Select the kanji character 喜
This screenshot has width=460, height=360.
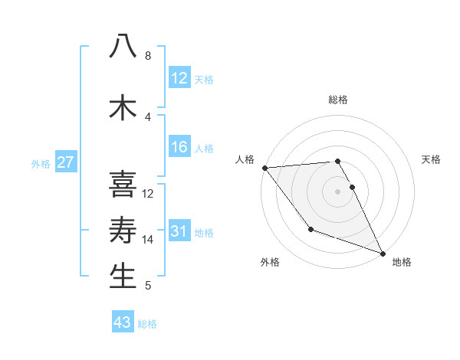tap(123, 184)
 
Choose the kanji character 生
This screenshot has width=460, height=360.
tap(123, 277)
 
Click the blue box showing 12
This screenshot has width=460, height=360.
tap(179, 78)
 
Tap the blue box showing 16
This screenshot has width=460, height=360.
tap(179, 148)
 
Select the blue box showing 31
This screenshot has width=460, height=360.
tap(179, 231)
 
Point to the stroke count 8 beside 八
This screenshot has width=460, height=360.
tap(148, 56)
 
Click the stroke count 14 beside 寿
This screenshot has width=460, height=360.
tap(148, 240)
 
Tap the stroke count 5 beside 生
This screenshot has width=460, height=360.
tap(148, 286)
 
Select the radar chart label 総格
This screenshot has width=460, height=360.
tap(338, 100)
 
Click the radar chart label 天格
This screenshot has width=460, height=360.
tap(432, 159)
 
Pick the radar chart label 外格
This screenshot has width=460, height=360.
tap(270, 262)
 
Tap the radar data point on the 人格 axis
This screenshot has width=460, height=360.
tap(264, 168)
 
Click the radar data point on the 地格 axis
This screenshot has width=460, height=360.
tap(383, 253)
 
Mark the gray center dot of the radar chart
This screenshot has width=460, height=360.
tap(337, 191)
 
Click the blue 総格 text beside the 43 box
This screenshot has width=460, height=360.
tap(148, 323)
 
